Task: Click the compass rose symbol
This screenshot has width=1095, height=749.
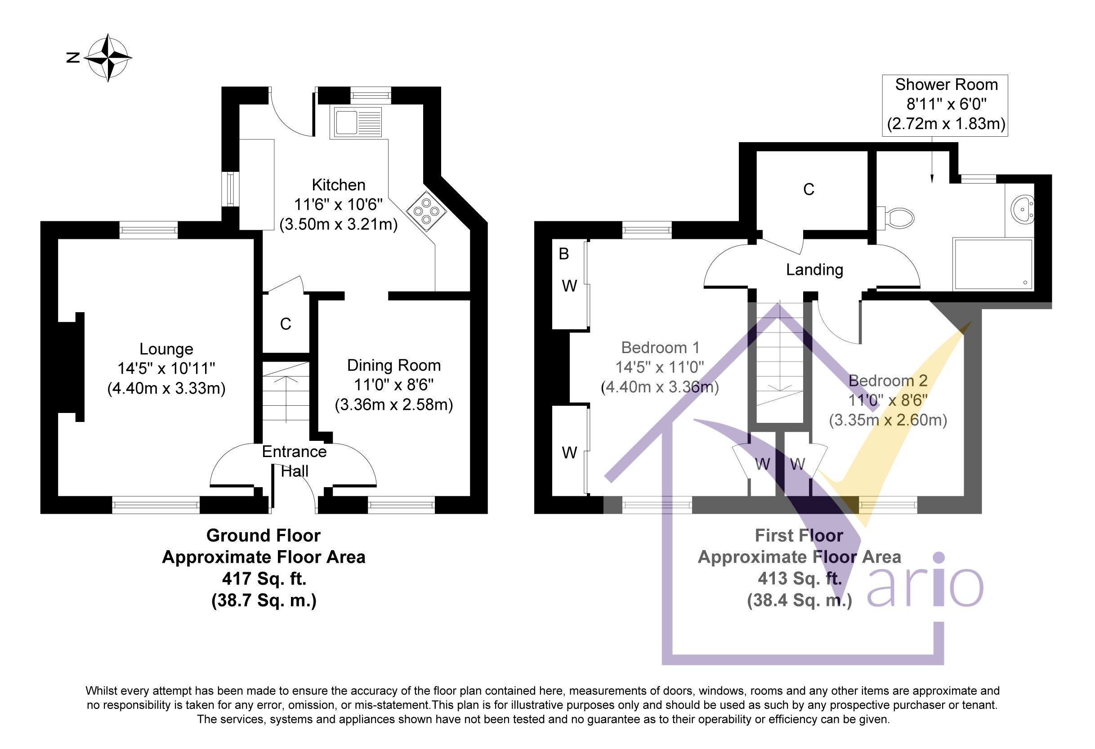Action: click(108, 58)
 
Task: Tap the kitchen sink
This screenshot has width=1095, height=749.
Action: click(358, 122)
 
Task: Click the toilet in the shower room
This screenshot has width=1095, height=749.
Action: click(895, 218)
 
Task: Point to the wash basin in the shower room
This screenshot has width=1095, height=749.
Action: click(1022, 209)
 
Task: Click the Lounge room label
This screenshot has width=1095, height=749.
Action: click(166, 349)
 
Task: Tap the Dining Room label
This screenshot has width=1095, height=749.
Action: click(394, 365)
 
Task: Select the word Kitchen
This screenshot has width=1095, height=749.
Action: click(338, 185)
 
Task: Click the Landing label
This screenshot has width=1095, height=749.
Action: click(815, 269)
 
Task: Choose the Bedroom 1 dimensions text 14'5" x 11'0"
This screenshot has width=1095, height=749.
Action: click(660, 367)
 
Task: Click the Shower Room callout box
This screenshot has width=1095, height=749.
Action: click(945, 105)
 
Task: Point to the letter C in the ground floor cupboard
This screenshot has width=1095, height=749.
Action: click(286, 324)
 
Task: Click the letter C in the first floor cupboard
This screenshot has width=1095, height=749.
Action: click(809, 189)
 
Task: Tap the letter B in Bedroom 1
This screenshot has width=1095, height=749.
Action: click(563, 254)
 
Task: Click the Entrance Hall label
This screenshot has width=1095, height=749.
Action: click(295, 461)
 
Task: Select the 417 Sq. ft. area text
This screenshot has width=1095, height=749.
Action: click(264, 579)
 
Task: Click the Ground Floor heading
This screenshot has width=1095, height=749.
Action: click(264, 535)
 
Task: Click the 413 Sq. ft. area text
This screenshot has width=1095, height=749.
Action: click(800, 579)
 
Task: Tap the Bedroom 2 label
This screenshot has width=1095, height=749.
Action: click(888, 381)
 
